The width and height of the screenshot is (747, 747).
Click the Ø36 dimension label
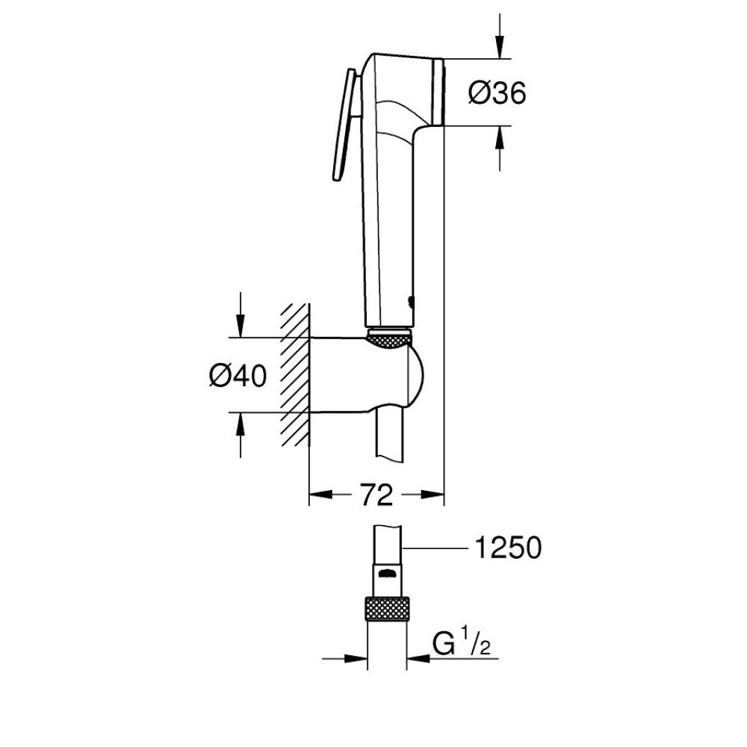pos(497,93)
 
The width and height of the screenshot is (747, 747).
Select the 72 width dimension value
pos(376,494)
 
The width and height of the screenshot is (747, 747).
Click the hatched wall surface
pos(294,373)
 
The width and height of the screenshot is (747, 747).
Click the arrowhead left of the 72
pos(322,494)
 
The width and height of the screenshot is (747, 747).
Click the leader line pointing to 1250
pos(433,549)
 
